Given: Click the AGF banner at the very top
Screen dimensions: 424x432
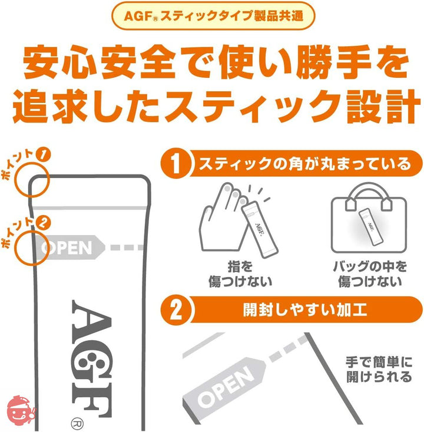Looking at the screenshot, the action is (213, 16).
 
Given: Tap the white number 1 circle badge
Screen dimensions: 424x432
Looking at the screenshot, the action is (175, 164).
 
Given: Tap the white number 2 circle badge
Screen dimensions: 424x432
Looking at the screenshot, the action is (175, 310).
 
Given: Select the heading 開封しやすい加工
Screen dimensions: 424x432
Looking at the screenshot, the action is (305, 310).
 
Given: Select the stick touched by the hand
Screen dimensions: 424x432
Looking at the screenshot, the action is (260, 229).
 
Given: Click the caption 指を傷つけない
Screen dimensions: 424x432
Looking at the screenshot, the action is (240, 274).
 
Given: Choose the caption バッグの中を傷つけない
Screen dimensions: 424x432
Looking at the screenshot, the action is (370, 274).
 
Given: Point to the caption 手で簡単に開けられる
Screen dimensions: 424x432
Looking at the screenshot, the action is (379, 370).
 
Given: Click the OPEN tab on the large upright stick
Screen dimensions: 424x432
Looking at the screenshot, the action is (69, 248).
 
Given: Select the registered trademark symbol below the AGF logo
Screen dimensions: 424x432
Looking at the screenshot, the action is (77, 424).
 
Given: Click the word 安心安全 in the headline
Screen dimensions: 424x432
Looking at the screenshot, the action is (99, 63).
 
